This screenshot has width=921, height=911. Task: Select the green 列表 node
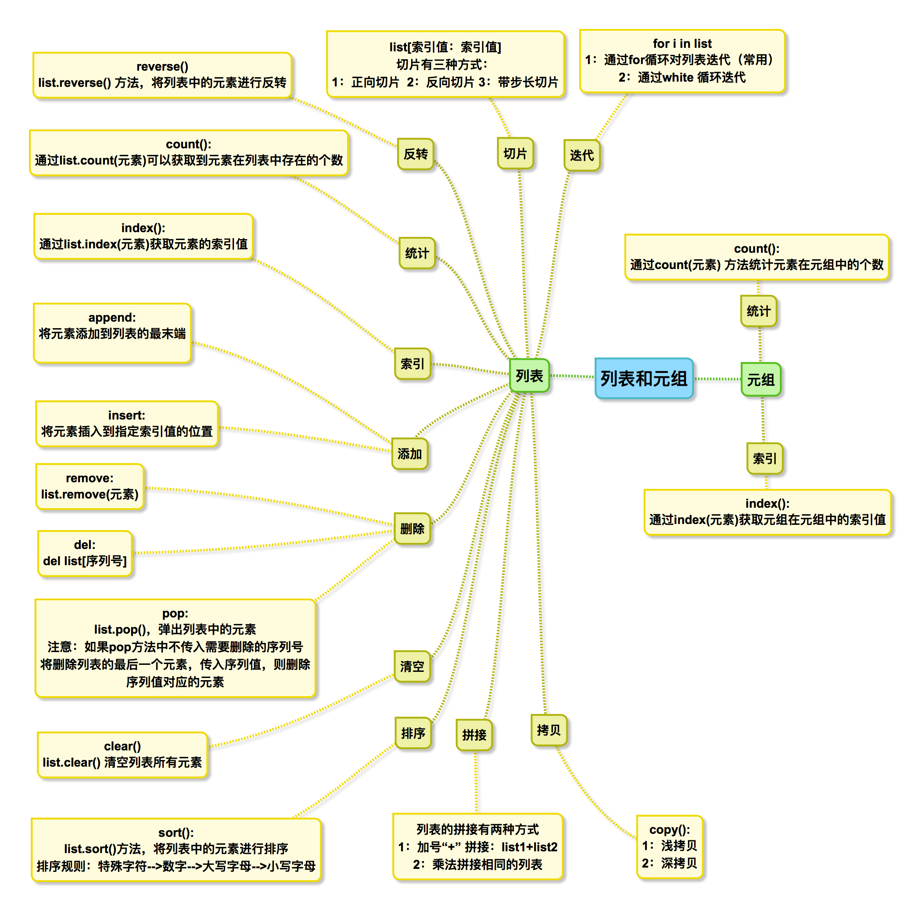click(529, 376)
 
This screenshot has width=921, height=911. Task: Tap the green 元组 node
click(760, 380)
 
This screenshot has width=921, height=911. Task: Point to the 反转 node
click(416, 154)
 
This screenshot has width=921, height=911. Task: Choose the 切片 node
click(515, 154)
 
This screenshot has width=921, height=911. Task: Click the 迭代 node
click(581, 155)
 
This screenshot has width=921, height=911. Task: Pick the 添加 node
click(409, 454)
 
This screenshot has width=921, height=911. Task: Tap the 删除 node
click(412, 529)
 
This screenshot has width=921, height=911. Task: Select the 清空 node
click(412, 667)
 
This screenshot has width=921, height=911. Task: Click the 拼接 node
click(474, 735)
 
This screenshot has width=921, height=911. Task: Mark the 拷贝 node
click(548, 730)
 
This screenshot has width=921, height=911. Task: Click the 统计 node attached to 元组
click(759, 311)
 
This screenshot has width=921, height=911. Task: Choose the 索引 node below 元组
click(765, 459)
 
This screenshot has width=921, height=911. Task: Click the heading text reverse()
click(162, 67)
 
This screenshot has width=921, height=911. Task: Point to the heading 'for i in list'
click(682, 44)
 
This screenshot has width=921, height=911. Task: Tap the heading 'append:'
click(112, 318)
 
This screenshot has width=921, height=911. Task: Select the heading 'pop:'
click(175, 613)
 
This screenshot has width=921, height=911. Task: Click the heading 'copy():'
click(669, 830)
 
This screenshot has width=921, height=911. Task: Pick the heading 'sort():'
click(176, 833)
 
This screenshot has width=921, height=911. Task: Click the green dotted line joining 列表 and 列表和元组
click(573, 377)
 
